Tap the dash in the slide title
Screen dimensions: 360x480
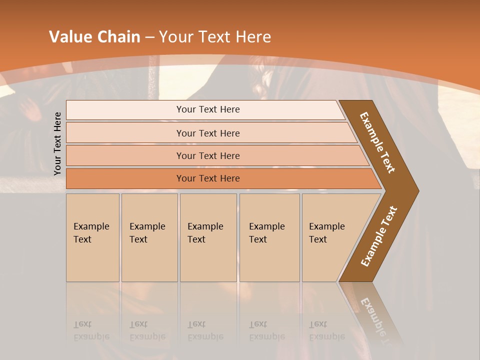(150, 37)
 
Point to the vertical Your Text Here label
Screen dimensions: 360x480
(57, 143)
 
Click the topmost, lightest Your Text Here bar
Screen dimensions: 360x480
(207, 109)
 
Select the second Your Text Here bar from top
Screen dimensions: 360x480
(207, 133)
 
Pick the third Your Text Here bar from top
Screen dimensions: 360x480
(207, 155)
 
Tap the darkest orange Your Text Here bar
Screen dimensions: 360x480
(207, 178)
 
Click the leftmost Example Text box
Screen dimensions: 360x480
(92, 237)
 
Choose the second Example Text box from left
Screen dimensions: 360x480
(149, 237)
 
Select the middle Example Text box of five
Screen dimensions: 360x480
(208, 237)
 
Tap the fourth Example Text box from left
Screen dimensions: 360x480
(269, 237)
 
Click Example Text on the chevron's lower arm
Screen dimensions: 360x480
(378, 236)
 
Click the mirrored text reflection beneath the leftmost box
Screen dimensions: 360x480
(91, 330)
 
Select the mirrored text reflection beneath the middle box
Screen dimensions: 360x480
(205, 330)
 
